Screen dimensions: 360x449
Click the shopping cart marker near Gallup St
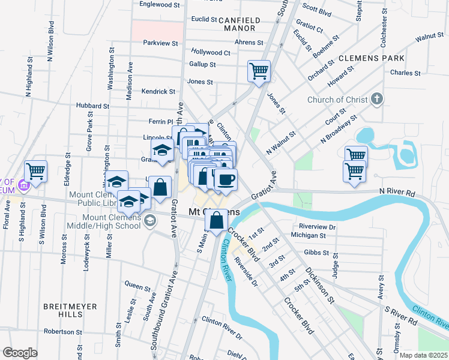(x=259, y=71)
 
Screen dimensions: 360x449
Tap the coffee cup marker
(x=226, y=179)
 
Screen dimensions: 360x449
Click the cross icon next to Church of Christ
(x=376, y=99)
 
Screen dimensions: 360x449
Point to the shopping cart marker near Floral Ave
(x=35, y=171)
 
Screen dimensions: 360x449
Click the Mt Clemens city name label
(x=214, y=212)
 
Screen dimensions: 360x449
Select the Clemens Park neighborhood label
(x=371, y=58)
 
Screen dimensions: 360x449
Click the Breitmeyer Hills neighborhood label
(x=70, y=310)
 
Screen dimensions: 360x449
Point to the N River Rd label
(x=397, y=194)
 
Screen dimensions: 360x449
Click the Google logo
(x=20, y=353)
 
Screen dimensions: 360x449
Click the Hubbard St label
(x=92, y=106)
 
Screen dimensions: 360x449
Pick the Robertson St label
(x=62, y=331)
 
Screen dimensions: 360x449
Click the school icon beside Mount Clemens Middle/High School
(x=149, y=221)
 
